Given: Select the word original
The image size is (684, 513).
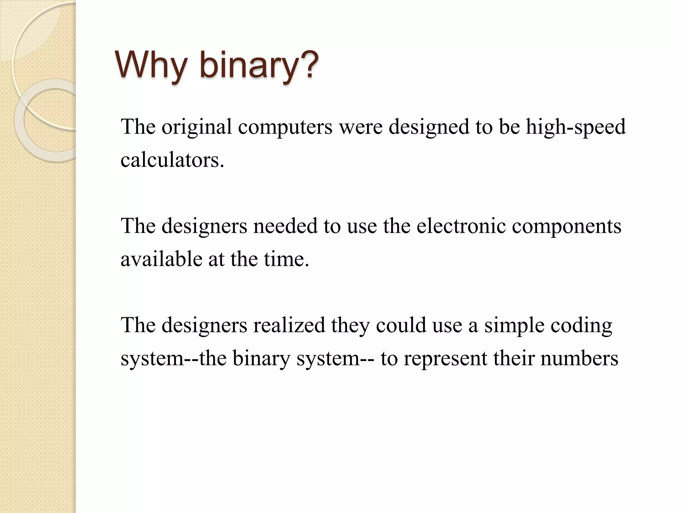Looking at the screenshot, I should (197, 127).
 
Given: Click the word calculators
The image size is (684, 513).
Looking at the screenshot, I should (172, 160).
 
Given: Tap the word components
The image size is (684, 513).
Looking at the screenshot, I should (566, 226).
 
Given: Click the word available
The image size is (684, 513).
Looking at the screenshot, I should (161, 259).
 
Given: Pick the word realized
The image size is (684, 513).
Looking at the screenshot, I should (289, 325).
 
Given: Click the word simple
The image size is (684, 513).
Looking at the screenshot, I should (514, 325).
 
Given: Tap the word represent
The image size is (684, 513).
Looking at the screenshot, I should (446, 358).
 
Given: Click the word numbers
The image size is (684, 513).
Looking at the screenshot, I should (579, 358).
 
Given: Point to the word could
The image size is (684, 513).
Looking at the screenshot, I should (401, 325).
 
